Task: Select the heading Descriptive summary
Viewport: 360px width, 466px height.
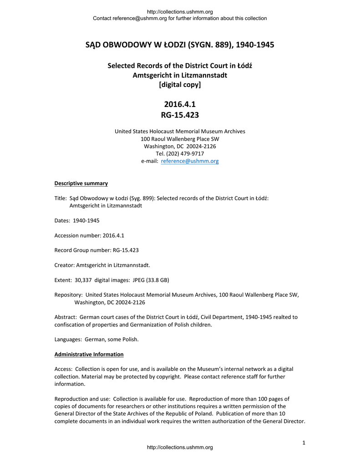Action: pyautogui.click(x=81, y=183)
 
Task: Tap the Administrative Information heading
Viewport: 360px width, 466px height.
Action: pyautogui.click(x=89, y=354)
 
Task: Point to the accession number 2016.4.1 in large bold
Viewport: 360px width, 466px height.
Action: pyautogui.click(x=180, y=104)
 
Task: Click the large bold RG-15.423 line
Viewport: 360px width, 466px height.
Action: pyautogui.click(x=180, y=115)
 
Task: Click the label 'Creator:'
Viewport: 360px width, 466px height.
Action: pyautogui.click(x=65, y=265)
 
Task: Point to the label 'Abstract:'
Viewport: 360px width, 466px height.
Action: pyautogui.click(x=66, y=317)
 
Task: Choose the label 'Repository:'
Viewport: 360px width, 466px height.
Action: pyautogui.click(x=68, y=295)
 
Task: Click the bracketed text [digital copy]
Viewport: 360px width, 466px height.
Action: pyautogui.click(x=180, y=85)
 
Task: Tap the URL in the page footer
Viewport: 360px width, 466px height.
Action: pyautogui.click(x=180, y=448)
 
